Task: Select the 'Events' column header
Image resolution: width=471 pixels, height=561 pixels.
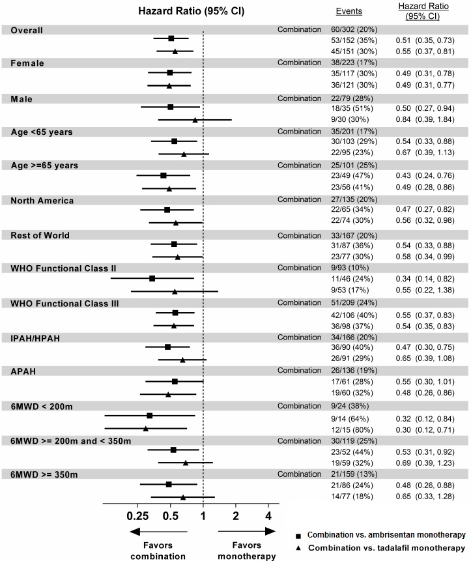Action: pyautogui.click(x=349, y=11)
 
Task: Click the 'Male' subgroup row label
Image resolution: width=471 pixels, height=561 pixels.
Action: pyautogui.click(x=21, y=98)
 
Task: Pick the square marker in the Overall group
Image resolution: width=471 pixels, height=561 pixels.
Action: pyautogui.click(x=171, y=38)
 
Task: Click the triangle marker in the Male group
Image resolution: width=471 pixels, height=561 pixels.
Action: pyautogui.click(x=195, y=120)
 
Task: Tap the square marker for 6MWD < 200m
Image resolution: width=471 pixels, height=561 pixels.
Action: pyautogui.click(x=150, y=415)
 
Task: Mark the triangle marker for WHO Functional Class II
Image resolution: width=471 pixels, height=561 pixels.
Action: pyautogui.click(x=175, y=291)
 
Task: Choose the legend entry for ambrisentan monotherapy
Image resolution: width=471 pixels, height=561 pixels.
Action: pyautogui.click(x=384, y=534)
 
